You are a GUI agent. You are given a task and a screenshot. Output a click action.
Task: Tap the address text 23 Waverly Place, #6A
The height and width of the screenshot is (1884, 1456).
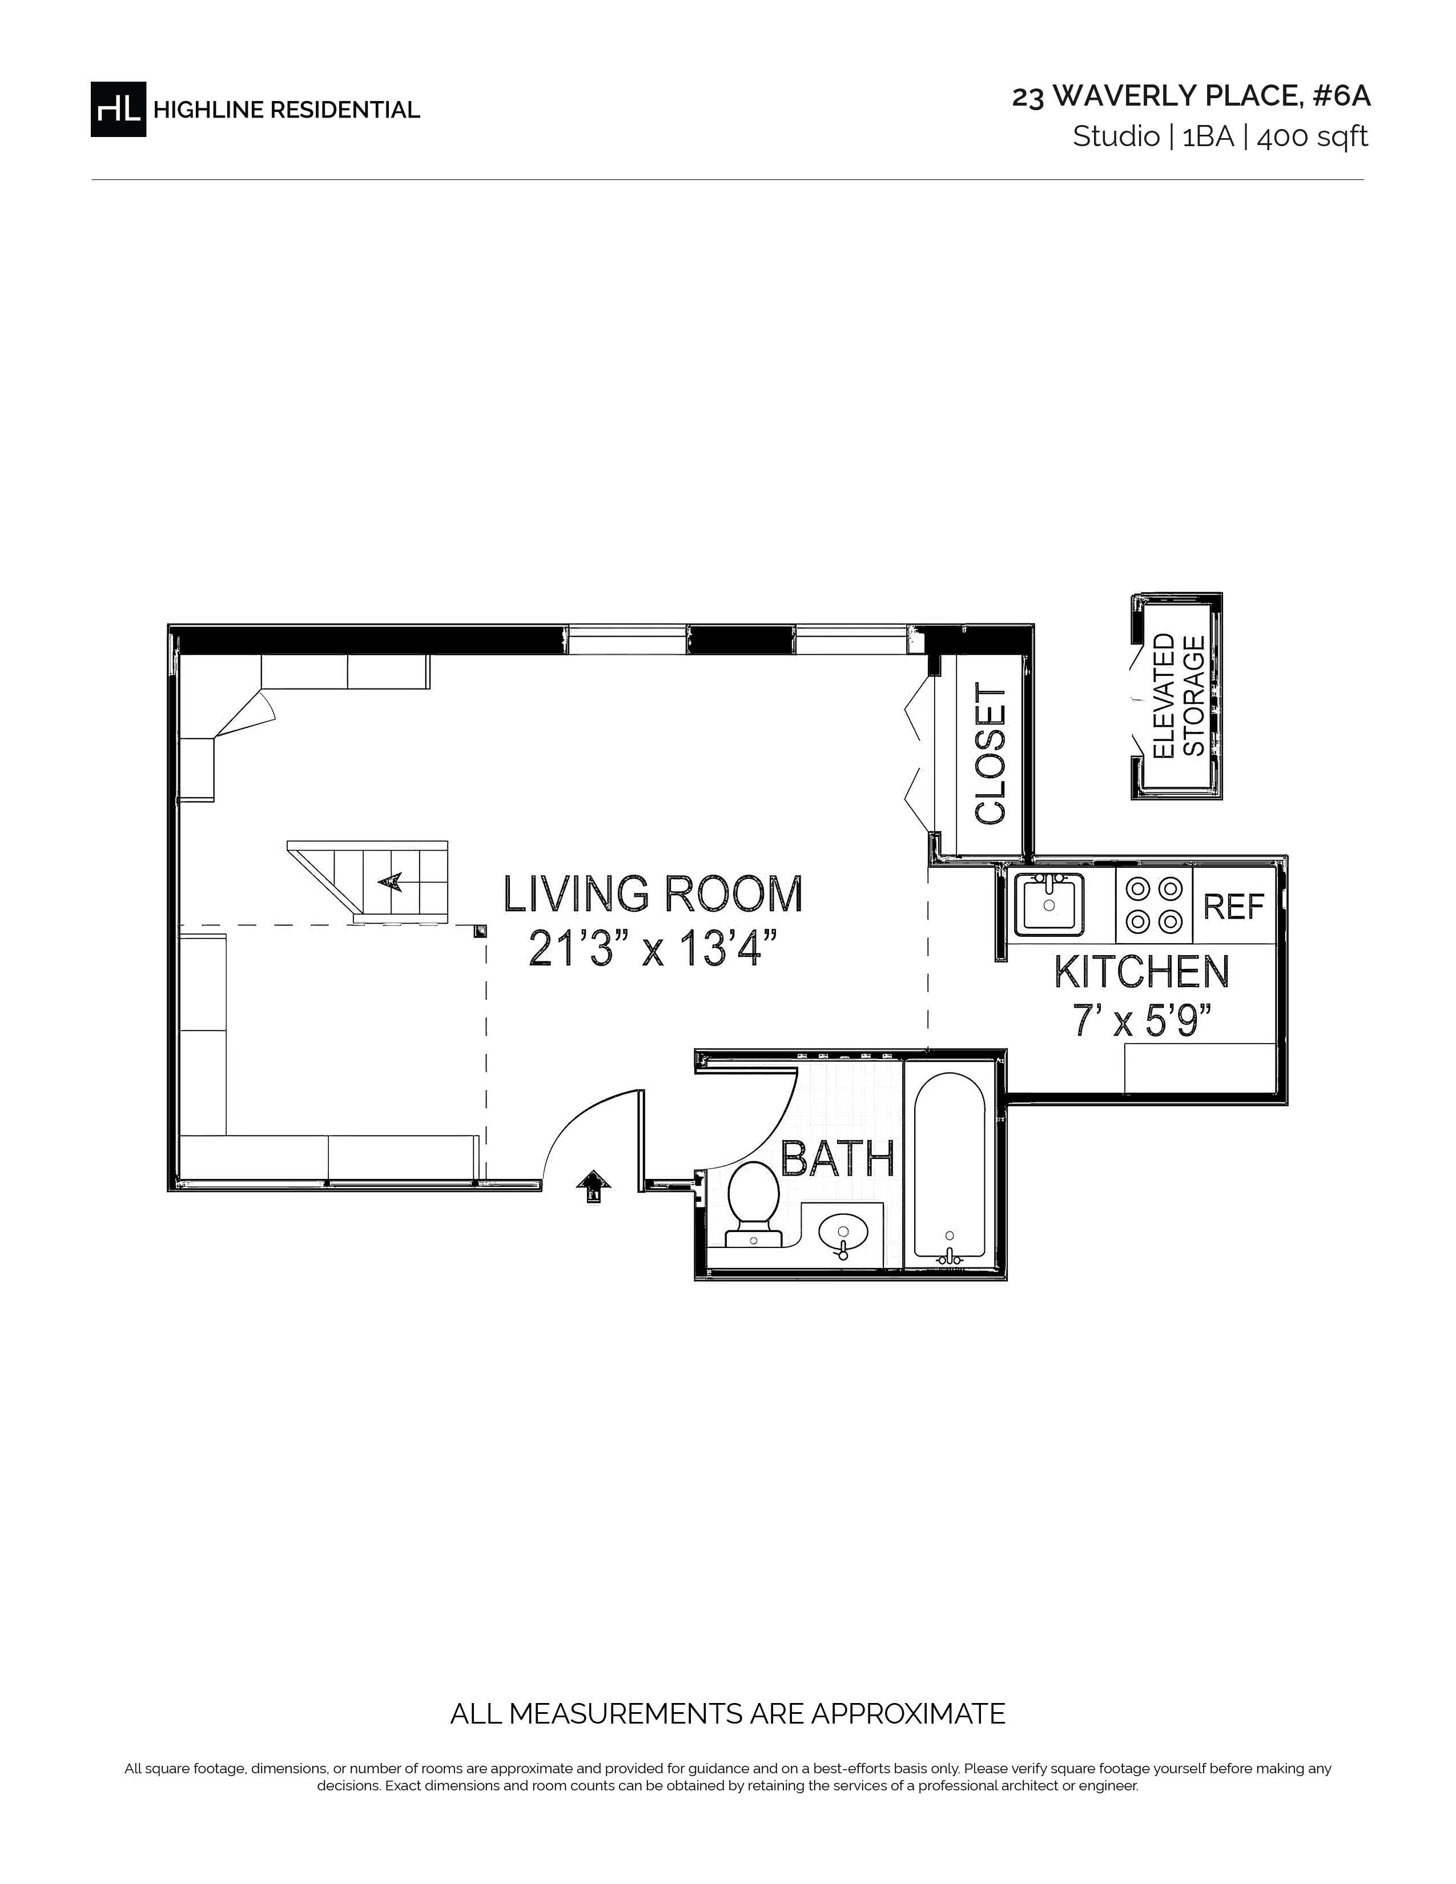point(1191,96)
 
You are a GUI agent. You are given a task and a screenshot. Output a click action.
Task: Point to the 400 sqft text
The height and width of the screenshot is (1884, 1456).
point(1312,137)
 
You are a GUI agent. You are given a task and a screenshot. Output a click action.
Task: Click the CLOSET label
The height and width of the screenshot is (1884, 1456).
point(990,755)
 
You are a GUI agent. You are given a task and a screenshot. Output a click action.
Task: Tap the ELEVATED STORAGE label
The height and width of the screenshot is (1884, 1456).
point(1179,695)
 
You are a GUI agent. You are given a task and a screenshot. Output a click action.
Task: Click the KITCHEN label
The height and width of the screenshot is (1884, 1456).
point(1142,972)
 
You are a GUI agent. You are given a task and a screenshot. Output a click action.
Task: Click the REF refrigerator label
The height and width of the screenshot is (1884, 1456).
point(1233,907)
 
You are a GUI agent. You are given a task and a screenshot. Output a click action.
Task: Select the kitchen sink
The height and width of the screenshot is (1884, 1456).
point(1049,904)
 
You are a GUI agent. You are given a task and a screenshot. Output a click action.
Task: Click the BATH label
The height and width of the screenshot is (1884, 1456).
point(838,1158)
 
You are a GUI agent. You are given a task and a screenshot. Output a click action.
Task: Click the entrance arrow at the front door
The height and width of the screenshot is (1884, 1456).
point(593,1186)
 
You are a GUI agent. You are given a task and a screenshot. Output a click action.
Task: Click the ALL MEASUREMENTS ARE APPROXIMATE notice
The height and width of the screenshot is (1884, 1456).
point(728,1713)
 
